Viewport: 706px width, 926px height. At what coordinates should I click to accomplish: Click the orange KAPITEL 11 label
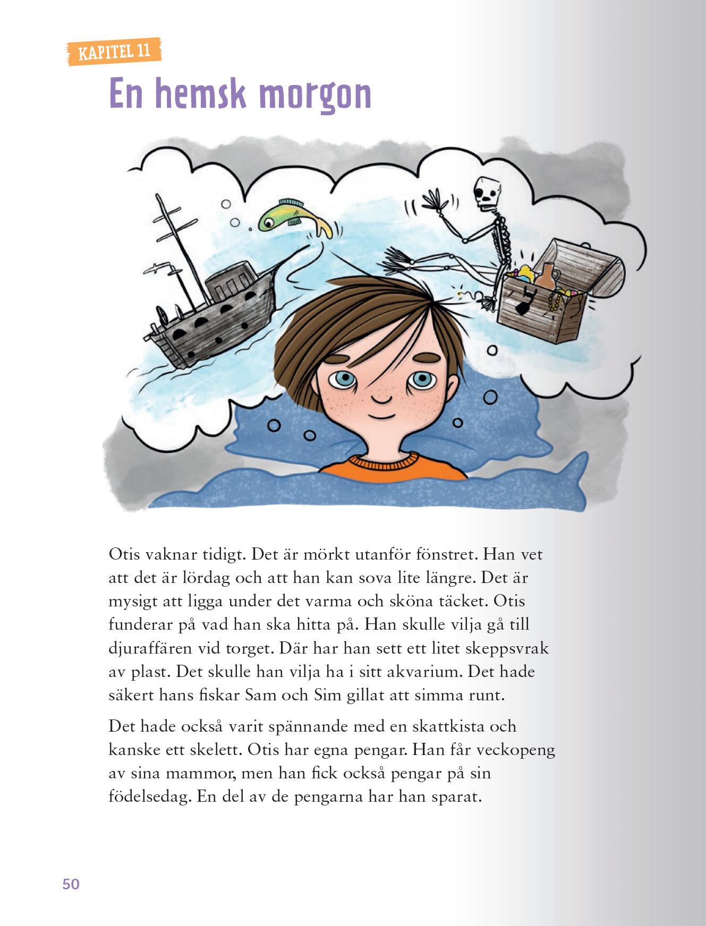tap(113, 52)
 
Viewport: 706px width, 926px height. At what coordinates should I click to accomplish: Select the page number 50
tap(71, 884)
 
